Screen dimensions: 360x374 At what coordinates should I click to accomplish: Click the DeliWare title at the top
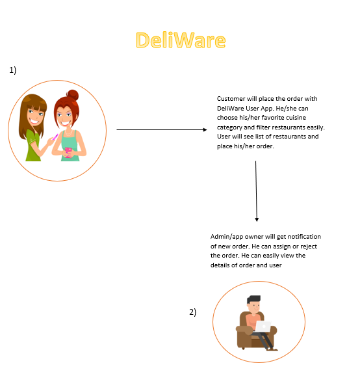point(181,40)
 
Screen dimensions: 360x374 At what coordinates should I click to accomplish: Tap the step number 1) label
point(12,70)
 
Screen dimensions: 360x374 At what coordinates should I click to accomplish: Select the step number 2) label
point(192,312)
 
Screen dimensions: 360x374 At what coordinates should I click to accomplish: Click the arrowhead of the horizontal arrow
point(205,129)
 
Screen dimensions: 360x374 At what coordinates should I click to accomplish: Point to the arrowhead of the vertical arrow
point(257,219)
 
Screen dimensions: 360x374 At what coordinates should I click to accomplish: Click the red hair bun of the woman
point(72,95)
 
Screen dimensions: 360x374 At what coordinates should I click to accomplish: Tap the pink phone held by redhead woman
point(69,152)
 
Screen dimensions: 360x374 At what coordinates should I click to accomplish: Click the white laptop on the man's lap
point(263,327)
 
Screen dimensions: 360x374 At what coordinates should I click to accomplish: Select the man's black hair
point(253,299)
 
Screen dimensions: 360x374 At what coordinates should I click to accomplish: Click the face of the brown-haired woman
point(35,116)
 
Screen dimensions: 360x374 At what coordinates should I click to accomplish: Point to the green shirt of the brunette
point(32,146)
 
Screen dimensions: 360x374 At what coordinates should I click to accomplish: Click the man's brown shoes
point(272,349)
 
